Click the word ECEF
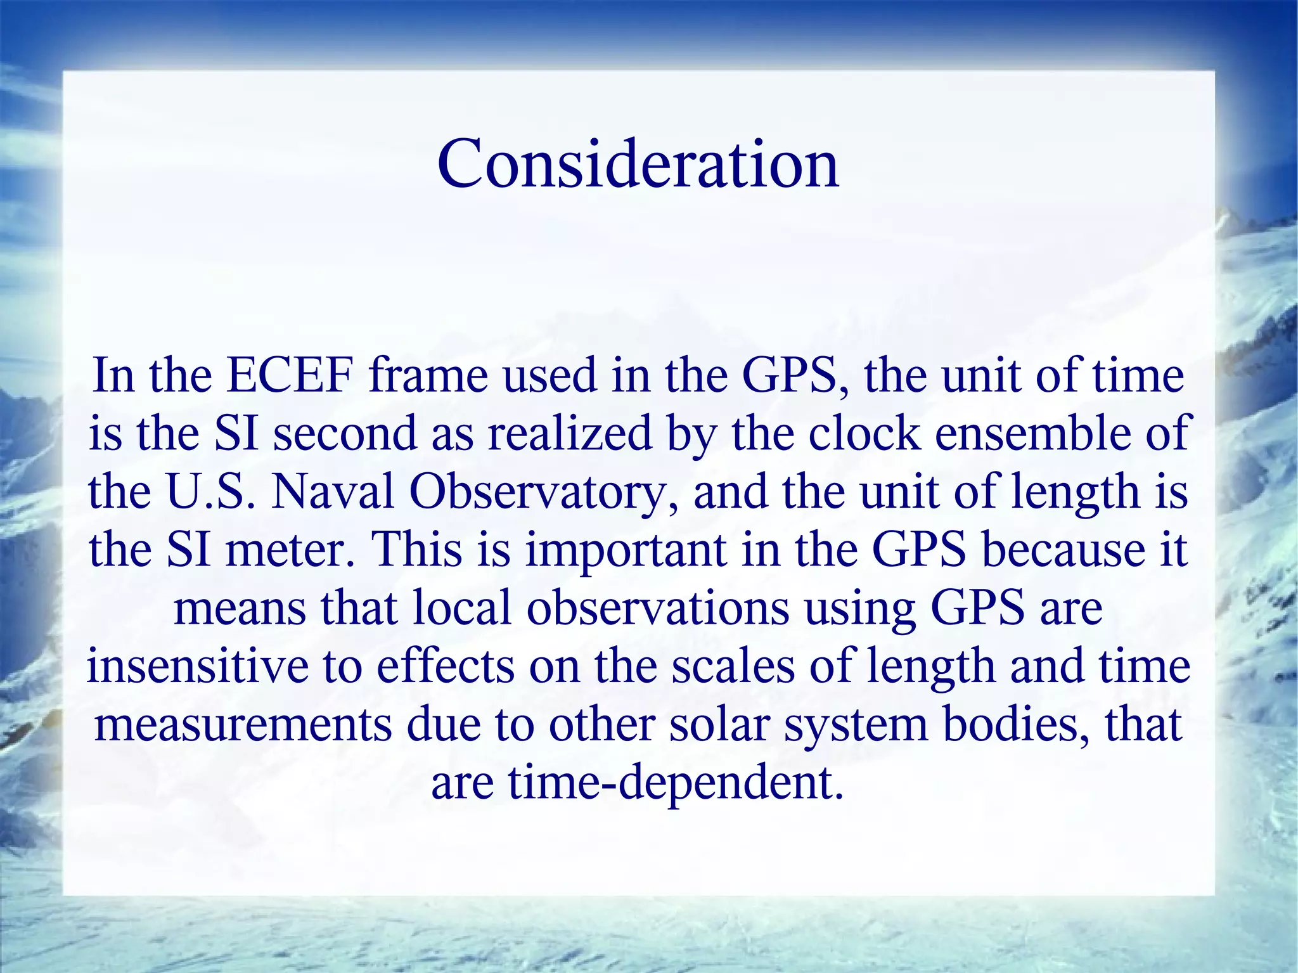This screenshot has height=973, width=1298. (289, 375)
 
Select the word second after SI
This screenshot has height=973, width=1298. (344, 434)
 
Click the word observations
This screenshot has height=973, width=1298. (658, 607)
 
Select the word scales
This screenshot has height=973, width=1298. (733, 666)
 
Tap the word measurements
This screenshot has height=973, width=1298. (243, 724)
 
